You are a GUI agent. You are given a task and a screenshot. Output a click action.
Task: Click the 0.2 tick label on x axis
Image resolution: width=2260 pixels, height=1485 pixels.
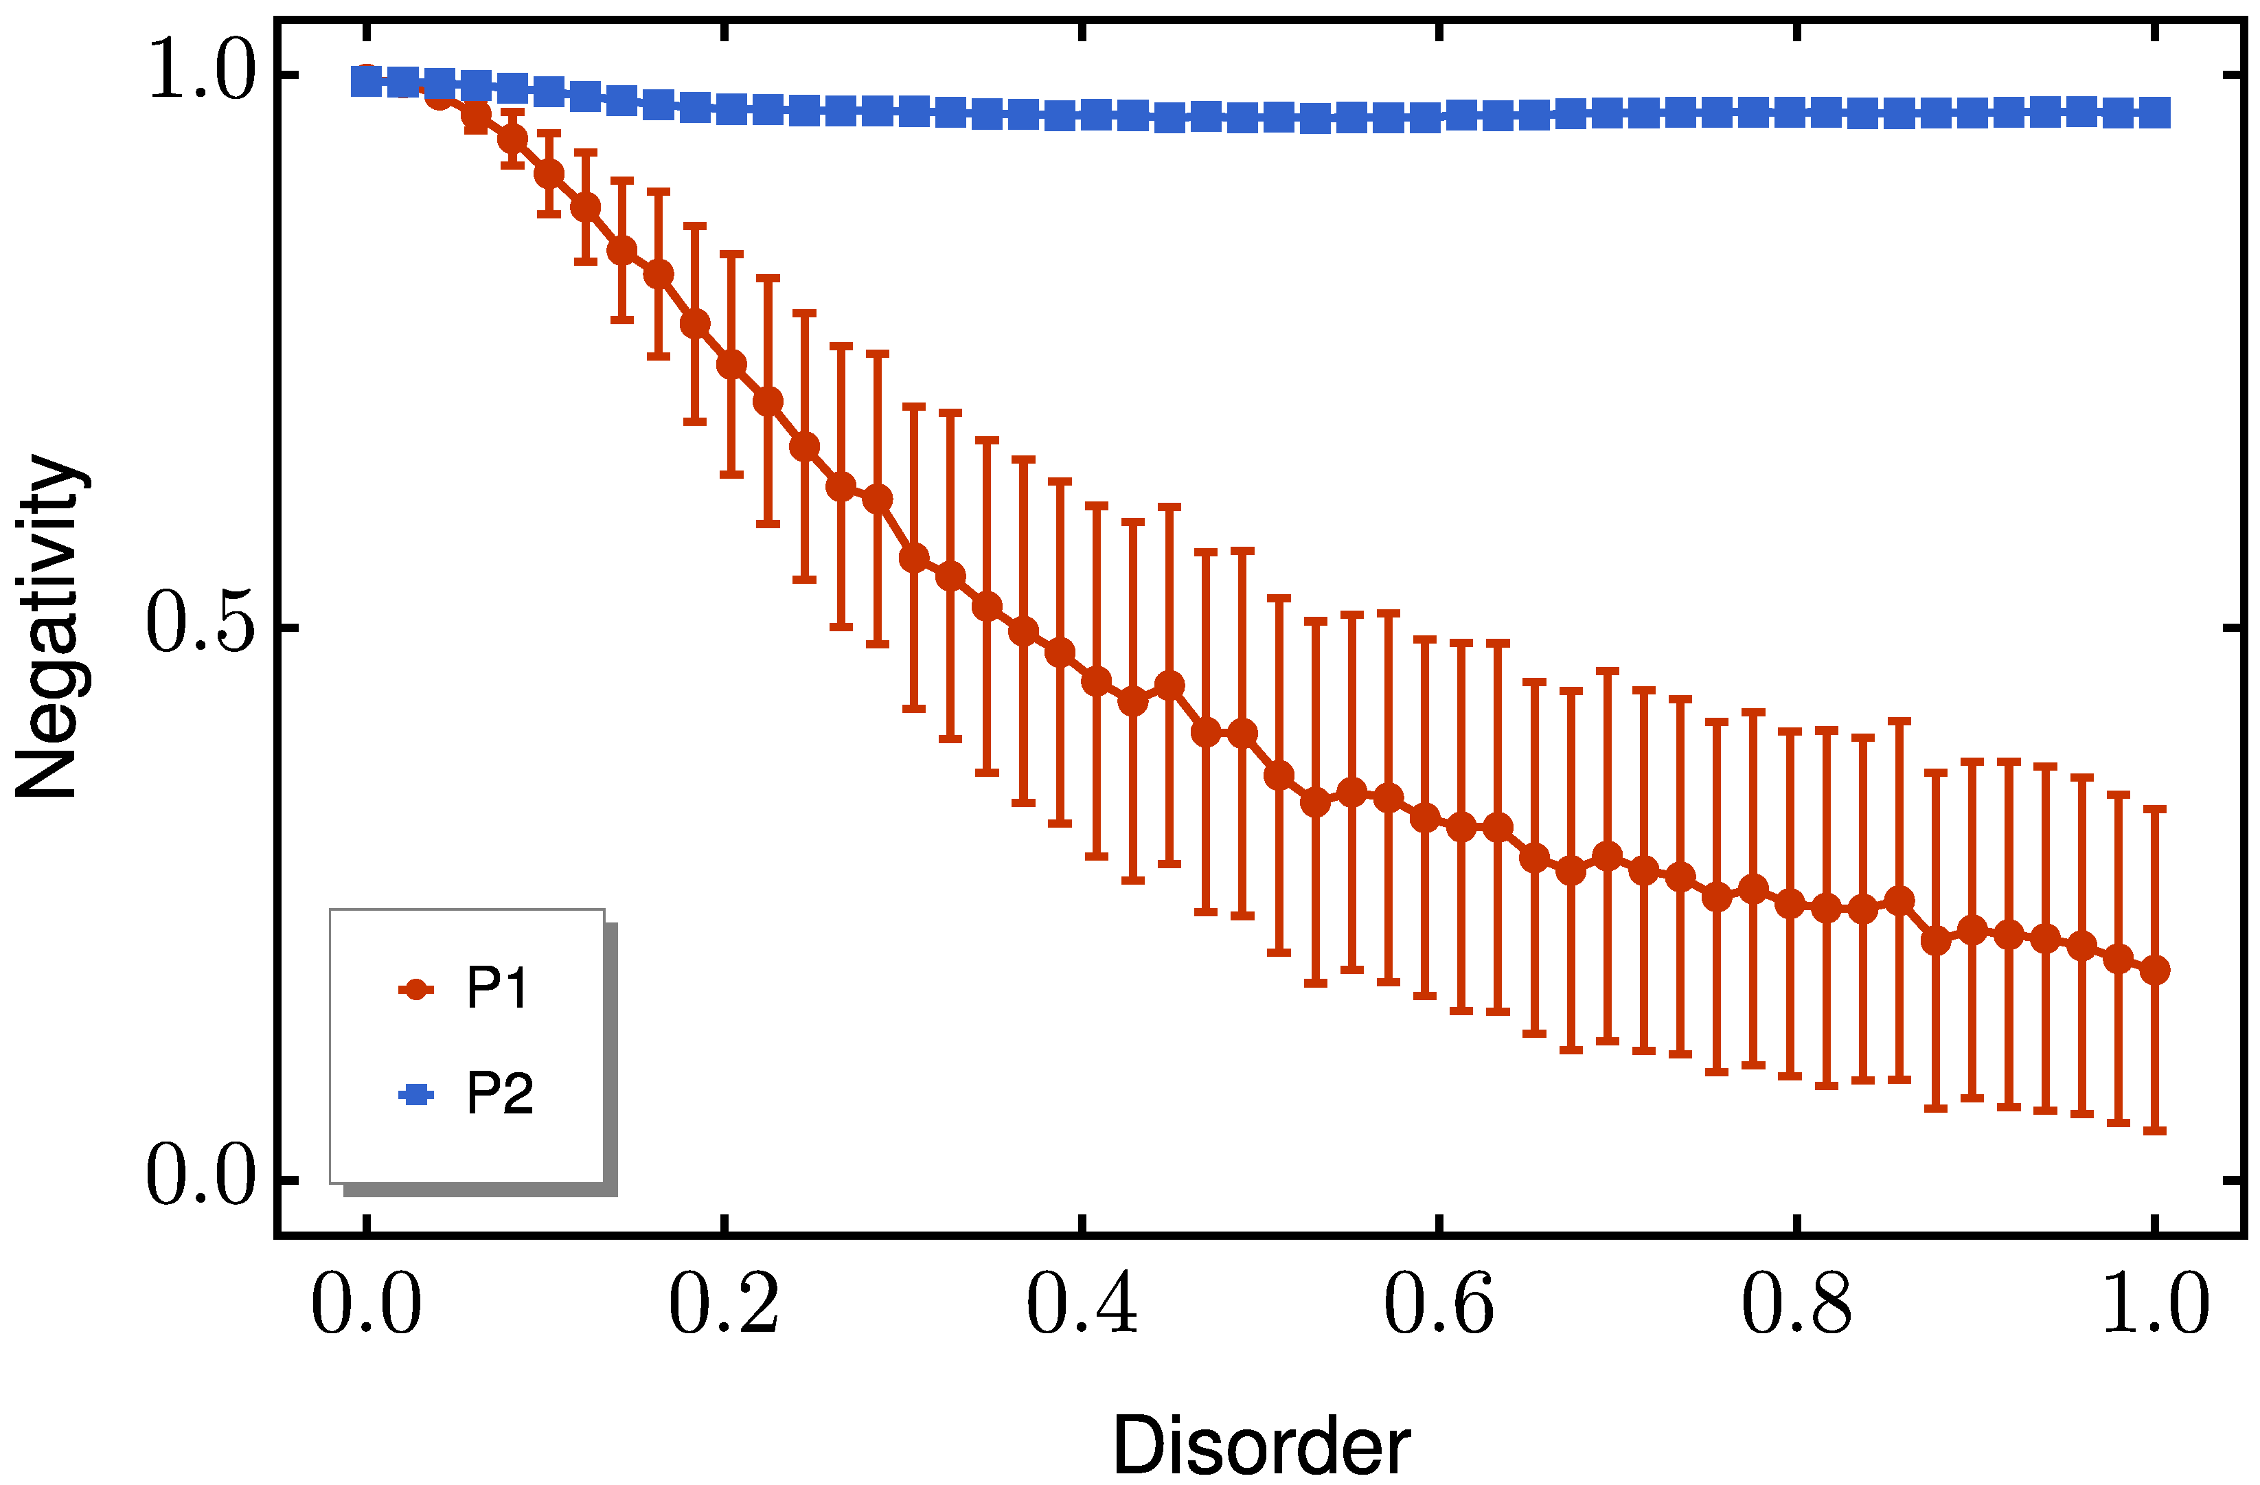(724, 1306)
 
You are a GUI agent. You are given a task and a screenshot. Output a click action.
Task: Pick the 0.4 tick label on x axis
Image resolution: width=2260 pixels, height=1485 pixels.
(1082, 1306)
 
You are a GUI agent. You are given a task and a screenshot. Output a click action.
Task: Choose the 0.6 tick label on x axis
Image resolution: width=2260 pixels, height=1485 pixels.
(1439, 1306)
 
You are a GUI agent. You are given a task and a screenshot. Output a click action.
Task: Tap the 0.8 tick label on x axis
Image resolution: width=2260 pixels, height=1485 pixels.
(1796, 1306)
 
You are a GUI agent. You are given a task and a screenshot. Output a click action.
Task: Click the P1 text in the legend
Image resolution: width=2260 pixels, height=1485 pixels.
(496, 988)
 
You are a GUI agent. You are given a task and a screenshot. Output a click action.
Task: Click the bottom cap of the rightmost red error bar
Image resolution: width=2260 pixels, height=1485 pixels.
(2156, 1131)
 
